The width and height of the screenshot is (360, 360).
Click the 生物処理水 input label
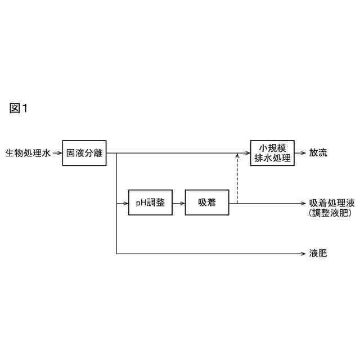pyautogui.click(x=28, y=153)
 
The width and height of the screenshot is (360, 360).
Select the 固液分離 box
pyautogui.click(x=84, y=152)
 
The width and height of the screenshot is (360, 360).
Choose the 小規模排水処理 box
pyautogui.click(x=272, y=152)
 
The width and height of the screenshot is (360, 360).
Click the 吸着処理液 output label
pyautogui.click(x=332, y=202)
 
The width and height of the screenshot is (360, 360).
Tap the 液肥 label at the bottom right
pyautogui.click(x=318, y=254)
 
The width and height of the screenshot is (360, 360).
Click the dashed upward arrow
pyautogui.click(x=237, y=180)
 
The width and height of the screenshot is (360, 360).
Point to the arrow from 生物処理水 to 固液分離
pyautogui.click(x=57, y=153)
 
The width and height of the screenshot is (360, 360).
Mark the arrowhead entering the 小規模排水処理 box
pyautogui.click(x=247, y=153)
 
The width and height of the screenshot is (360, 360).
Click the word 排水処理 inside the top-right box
pyautogui.click(x=272, y=158)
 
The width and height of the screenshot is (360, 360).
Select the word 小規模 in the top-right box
pyautogui.click(x=272, y=147)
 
